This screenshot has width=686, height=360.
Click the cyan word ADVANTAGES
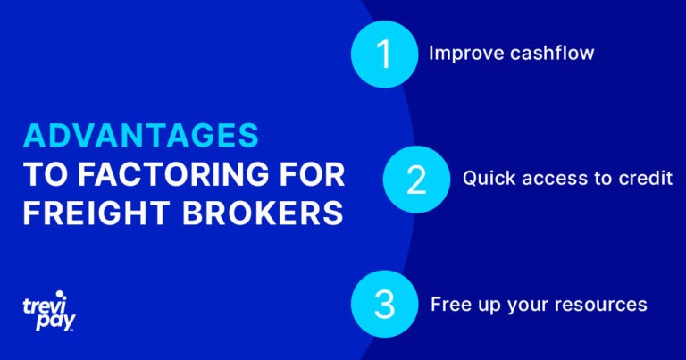click(141, 135)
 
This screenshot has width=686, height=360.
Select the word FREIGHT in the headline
click(96, 213)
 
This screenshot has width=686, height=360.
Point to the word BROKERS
click(263, 213)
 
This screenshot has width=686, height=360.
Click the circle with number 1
click(385, 54)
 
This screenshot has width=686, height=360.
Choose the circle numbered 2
click(416, 180)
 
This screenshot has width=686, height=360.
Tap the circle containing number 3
click(385, 304)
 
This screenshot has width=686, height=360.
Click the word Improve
click(466, 54)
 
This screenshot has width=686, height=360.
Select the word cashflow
click(552, 53)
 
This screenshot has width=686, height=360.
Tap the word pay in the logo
click(55, 322)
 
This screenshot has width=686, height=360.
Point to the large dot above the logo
click(59, 295)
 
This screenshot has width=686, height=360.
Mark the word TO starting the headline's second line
click(45, 174)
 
